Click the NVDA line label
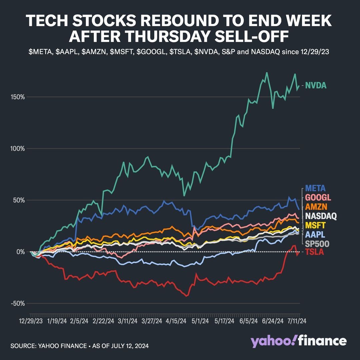pyautogui.click(x=316, y=86)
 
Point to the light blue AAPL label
pyautogui.click(x=315, y=234)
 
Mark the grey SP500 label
pyautogui.click(x=317, y=244)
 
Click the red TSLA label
pyautogui.click(x=315, y=252)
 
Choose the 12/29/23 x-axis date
pyautogui.click(x=30, y=321)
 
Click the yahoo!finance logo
pyautogui.click(x=298, y=341)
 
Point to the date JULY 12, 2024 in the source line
pyautogui.click(x=133, y=346)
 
